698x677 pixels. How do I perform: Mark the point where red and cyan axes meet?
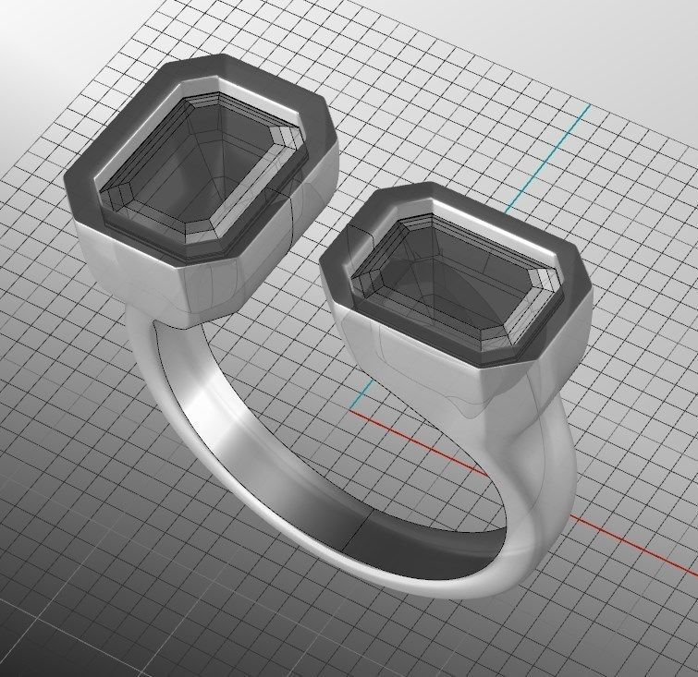click(x=354, y=408)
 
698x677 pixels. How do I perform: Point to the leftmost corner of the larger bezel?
click(x=67, y=180)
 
